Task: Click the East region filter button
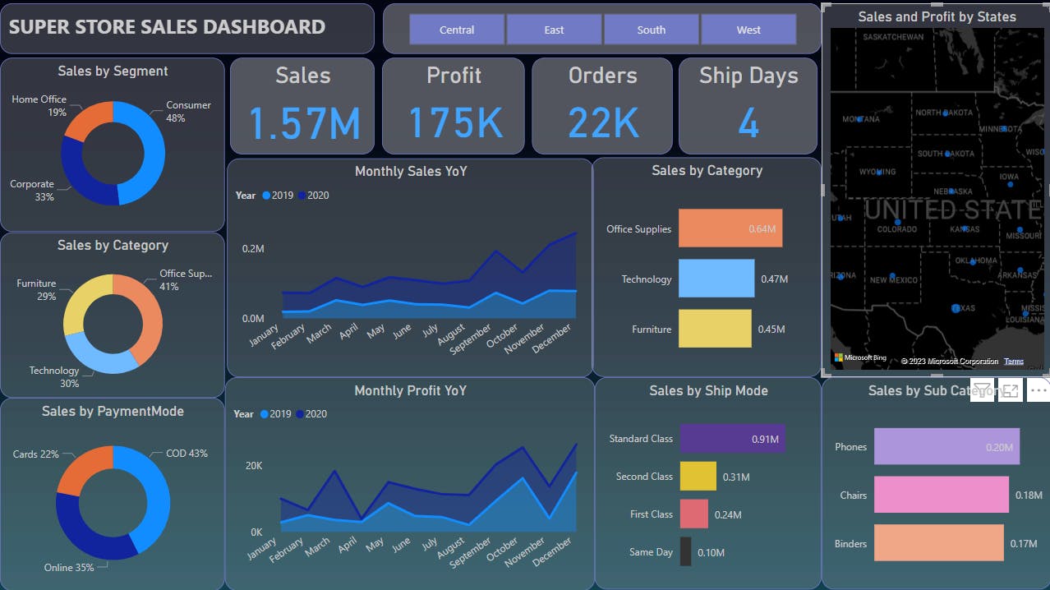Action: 554,30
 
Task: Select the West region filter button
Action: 748,30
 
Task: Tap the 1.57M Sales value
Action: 304,123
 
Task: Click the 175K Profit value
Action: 454,123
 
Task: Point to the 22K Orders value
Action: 603,123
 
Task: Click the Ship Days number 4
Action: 748,123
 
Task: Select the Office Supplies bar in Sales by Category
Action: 730,228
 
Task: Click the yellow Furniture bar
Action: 715,329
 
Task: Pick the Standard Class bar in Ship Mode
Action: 732,439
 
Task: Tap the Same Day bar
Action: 685,552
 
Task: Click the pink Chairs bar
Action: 941,495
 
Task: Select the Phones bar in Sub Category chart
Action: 946,447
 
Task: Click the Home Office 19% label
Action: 39,105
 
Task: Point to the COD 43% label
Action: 187,454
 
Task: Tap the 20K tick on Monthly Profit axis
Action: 254,466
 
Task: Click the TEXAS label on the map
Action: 962,308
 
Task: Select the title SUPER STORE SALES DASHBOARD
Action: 167,27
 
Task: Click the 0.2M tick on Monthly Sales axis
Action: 253,249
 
